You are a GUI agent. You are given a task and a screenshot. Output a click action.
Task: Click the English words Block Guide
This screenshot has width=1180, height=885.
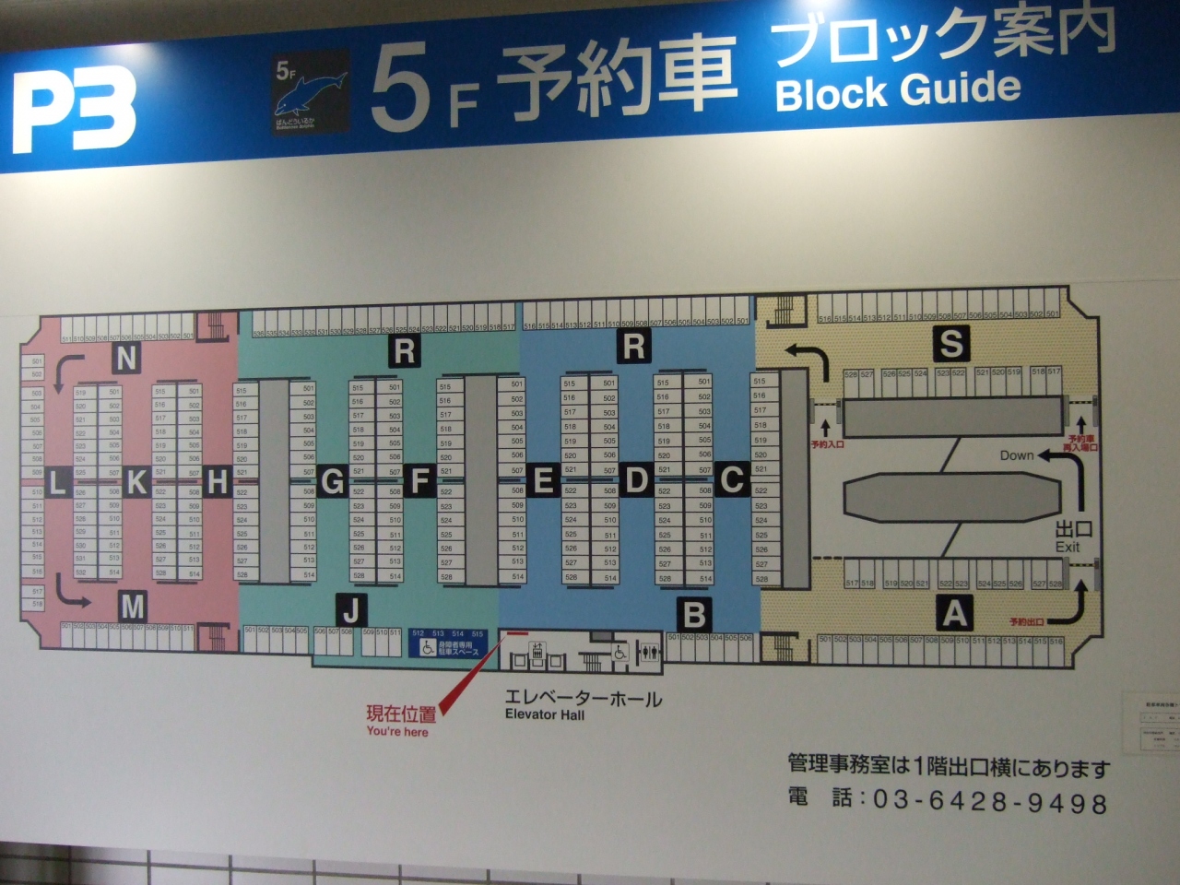point(898,90)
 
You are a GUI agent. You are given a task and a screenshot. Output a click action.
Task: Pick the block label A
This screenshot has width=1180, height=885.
point(954,611)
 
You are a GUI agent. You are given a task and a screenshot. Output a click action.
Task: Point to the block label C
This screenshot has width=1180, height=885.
point(731,478)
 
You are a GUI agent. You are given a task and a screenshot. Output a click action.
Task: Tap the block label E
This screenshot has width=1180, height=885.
point(543,480)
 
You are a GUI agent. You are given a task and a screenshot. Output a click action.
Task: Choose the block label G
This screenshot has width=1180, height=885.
point(332,481)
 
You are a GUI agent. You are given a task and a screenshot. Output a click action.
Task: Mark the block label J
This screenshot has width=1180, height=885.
point(352,608)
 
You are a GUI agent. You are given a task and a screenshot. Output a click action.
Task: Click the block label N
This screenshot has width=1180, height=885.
point(126,359)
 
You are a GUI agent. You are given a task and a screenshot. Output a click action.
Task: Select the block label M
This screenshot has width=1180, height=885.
point(133,606)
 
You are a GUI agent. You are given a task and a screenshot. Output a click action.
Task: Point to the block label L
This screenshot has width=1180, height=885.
point(57,481)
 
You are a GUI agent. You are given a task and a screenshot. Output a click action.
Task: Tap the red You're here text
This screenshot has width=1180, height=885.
point(397,731)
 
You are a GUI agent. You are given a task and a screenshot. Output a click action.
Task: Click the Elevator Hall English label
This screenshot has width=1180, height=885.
point(544,714)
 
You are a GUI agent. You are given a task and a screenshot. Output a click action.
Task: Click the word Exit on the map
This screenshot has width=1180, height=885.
point(1068,547)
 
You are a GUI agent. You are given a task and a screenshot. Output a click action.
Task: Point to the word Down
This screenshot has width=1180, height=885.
point(1017,455)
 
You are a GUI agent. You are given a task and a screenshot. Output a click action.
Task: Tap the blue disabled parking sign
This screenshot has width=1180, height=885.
point(448,643)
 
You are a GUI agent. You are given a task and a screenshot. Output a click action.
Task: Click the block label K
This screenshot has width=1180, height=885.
point(137,481)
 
